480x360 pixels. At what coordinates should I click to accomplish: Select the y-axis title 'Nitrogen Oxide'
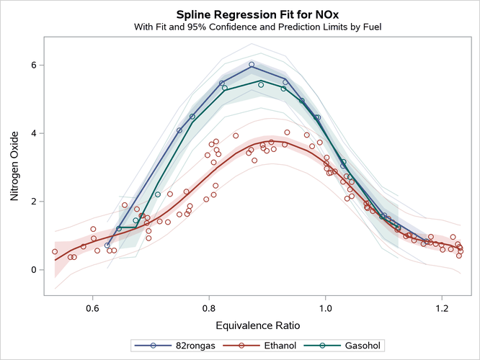[14, 166]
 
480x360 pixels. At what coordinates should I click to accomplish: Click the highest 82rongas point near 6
[252, 64]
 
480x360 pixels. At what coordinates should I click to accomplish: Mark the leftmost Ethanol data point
[55, 252]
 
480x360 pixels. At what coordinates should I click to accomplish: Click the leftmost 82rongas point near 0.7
[107, 246]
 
